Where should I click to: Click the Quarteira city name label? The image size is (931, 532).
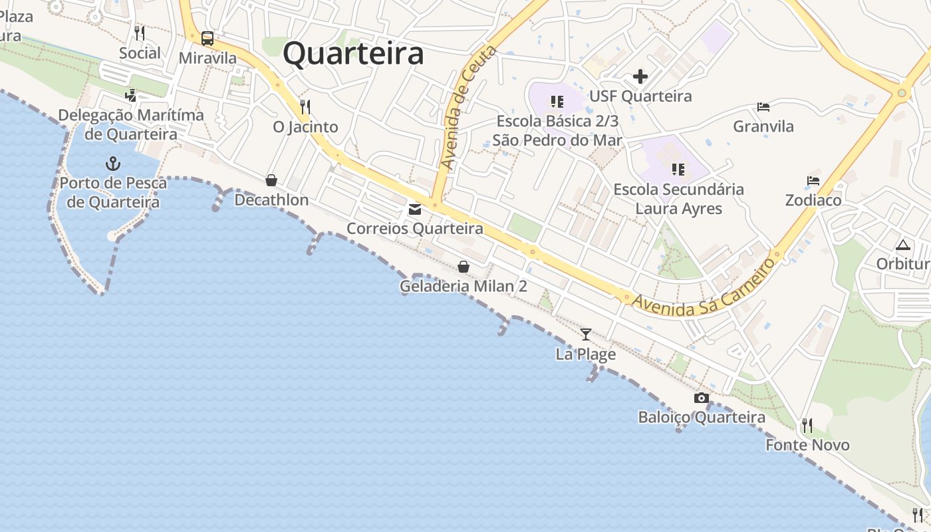point(353,53)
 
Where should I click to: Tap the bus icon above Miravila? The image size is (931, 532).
point(207,38)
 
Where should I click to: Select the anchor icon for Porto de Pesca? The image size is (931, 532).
point(113,163)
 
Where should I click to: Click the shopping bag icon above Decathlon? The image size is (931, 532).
point(271,180)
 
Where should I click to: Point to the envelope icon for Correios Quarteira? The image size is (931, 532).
point(415,209)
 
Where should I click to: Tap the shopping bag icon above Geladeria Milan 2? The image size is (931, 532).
point(464,267)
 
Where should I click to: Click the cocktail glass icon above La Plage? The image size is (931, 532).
point(585,334)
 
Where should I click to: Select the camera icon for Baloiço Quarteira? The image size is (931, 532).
point(701,398)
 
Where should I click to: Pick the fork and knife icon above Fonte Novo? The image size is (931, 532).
point(807,425)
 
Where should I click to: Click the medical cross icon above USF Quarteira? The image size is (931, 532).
point(640,76)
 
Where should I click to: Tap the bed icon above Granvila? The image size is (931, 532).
point(763,106)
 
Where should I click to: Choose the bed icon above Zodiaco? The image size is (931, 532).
point(813,180)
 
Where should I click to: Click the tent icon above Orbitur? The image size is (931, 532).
point(902,244)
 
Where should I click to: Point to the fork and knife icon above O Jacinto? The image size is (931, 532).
point(305,106)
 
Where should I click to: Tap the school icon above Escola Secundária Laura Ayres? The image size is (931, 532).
point(678,170)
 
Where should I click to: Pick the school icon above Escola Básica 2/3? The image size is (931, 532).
point(557,102)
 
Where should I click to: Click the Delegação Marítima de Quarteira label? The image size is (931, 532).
point(131,124)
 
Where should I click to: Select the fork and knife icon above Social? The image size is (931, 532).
point(140,33)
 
